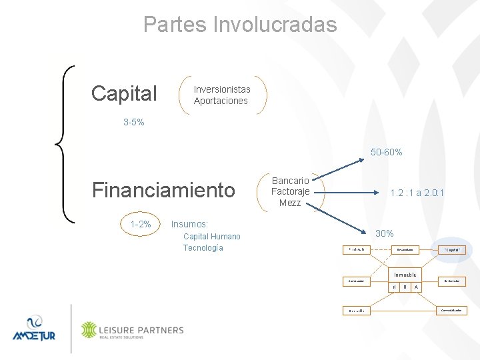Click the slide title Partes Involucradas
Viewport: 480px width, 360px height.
tap(240, 25)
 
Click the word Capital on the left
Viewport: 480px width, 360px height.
tap(124, 94)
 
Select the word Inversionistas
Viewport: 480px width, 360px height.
tap(222, 89)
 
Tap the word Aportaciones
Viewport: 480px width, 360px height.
tap(221, 101)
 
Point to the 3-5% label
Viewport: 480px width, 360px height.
tap(133, 123)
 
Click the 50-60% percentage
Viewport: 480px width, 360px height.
tap(386, 152)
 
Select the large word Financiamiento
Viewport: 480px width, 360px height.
tap(164, 191)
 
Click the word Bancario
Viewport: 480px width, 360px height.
tap(291, 181)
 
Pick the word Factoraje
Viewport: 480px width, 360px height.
tap(291, 191)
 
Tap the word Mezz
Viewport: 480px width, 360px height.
tap(290, 203)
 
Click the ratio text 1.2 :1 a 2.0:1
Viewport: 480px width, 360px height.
tap(417, 193)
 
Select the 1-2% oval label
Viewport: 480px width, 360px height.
tap(141, 224)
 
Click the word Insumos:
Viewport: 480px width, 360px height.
tap(190, 224)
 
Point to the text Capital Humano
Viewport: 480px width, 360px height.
tap(212, 237)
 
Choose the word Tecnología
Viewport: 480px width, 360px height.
tap(203, 248)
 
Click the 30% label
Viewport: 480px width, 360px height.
tap(385, 233)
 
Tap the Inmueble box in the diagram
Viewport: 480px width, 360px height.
tap(405, 275)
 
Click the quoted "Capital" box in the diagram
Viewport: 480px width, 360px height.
tap(451, 250)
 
